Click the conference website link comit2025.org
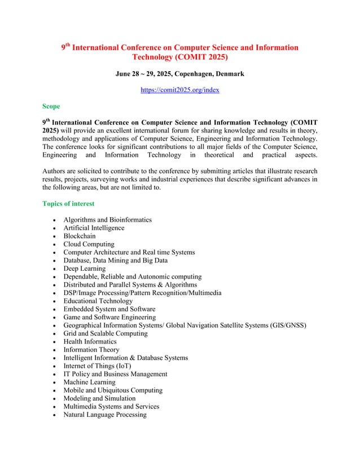(179, 90)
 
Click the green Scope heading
(51, 105)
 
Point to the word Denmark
(230, 74)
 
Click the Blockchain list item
(80, 236)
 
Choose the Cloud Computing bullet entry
(89, 244)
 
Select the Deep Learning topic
(84, 269)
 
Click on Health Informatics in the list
(90, 341)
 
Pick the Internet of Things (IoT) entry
(97, 366)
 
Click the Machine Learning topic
(89, 382)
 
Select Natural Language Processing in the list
(105, 415)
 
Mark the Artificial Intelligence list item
(94, 228)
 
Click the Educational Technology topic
(98, 301)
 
